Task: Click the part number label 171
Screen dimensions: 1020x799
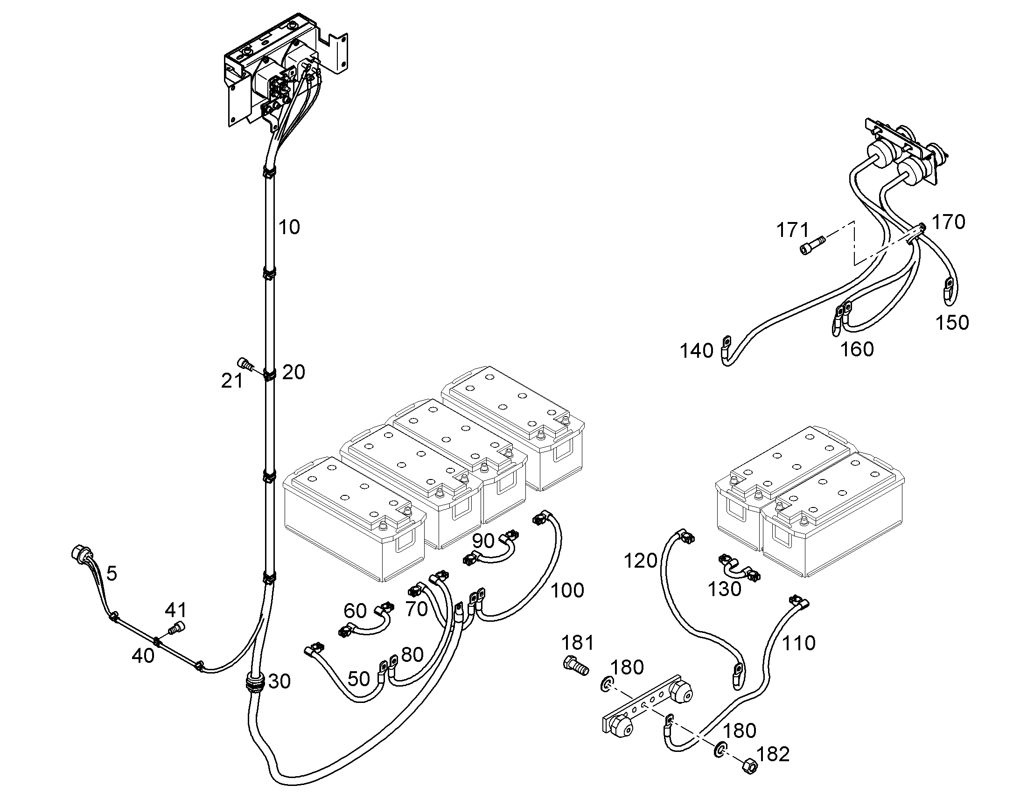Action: [793, 230]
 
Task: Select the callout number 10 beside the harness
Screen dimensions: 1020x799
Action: [289, 227]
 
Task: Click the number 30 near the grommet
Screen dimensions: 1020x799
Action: [279, 681]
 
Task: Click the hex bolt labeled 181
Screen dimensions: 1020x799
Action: [575, 666]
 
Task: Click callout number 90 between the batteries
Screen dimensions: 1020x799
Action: [483, 541]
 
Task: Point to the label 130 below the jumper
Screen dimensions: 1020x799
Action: [724, 590]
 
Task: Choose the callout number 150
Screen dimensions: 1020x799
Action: [952, 323]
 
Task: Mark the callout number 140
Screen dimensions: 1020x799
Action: [697, 351]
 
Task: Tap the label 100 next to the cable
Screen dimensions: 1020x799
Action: [567, 591]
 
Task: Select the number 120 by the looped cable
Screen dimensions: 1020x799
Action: [641, 561]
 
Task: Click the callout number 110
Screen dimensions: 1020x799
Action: [799, 643]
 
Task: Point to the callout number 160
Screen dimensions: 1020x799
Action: [857, 349]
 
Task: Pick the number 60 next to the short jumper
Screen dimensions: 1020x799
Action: [355, 611]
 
